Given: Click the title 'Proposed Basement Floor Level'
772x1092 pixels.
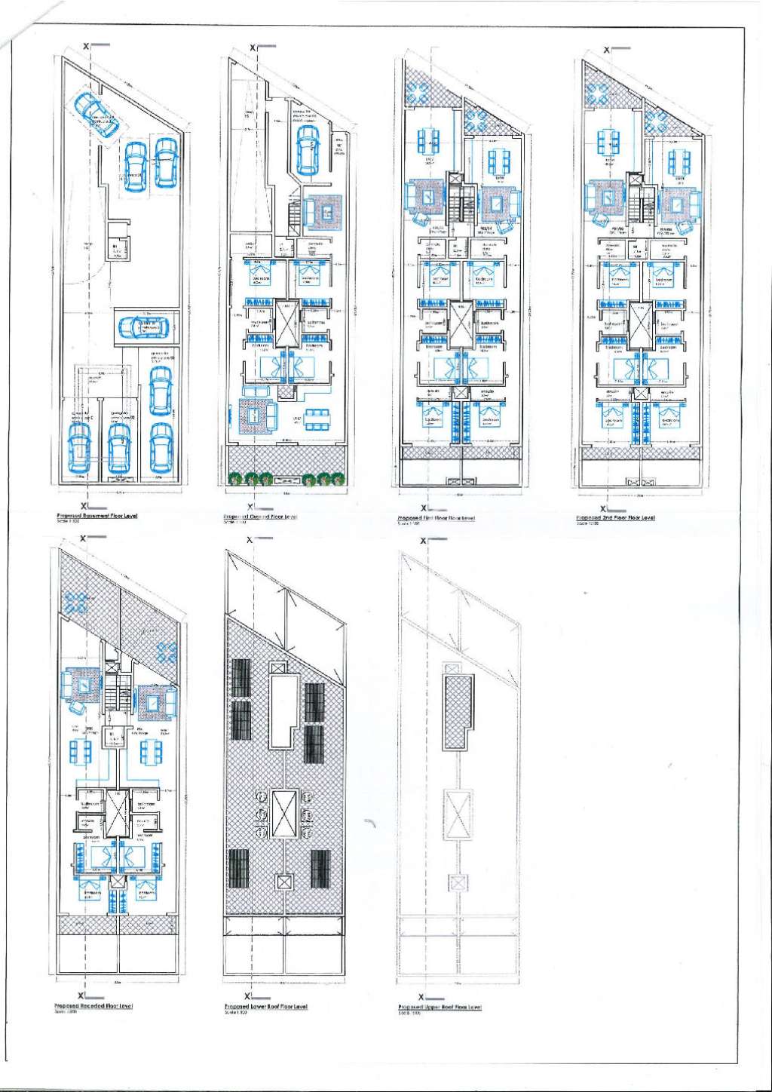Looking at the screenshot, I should [96, 516].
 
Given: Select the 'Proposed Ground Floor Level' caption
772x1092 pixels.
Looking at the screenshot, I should [261, 517].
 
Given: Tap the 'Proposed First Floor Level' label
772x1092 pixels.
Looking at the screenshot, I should [436, 518].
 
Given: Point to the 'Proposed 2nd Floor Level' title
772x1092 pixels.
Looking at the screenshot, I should [615, 518].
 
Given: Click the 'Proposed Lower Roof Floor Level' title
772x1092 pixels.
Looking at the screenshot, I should [266, 1007].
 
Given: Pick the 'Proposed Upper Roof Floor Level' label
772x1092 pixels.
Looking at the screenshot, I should [440, 1007].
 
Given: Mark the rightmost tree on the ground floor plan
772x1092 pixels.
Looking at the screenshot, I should [340, 478].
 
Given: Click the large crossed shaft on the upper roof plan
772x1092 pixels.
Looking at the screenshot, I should [458, 815].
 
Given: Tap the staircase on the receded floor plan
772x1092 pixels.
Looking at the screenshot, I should [112, 690].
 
